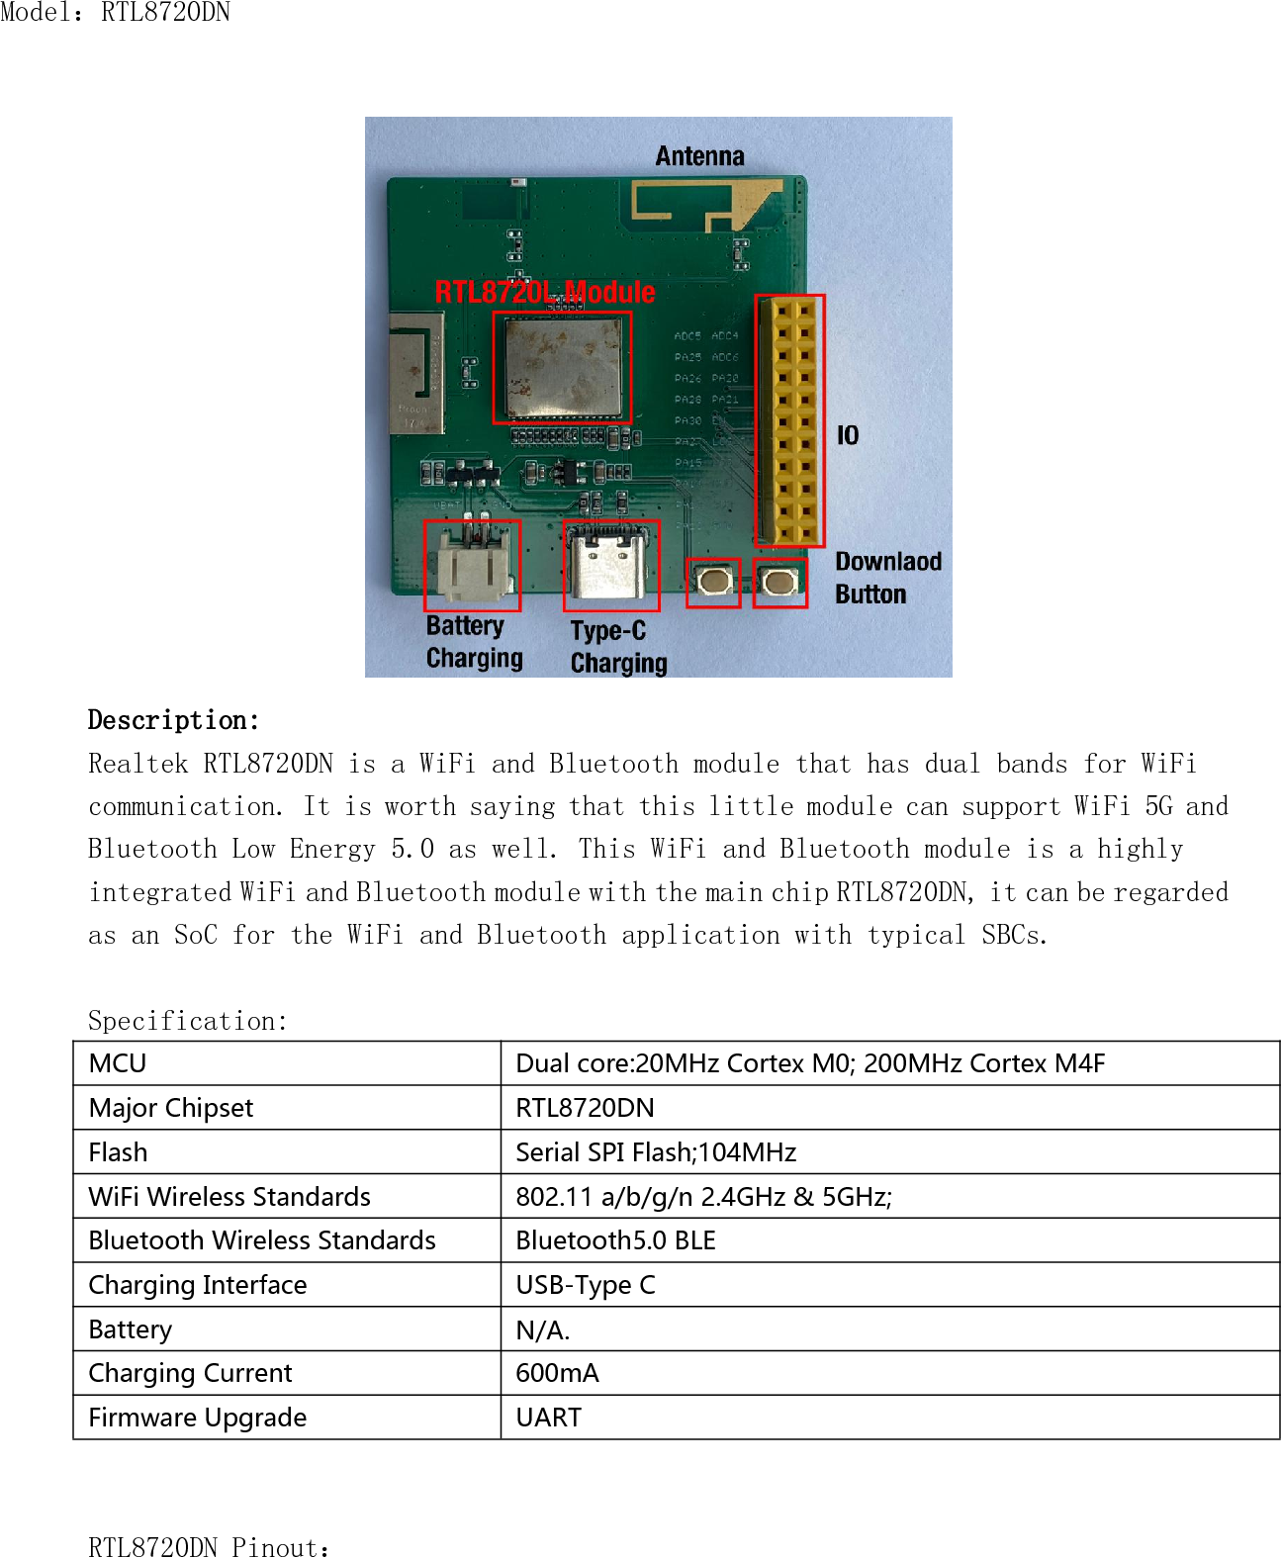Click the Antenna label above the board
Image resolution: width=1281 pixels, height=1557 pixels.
699,156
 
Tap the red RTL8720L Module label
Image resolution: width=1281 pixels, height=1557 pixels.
545,292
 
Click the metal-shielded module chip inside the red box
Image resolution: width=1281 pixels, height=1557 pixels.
562,367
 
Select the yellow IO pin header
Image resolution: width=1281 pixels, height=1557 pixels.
789,420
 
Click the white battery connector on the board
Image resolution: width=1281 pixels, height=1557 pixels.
472,567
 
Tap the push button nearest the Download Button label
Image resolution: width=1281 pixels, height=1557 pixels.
779,582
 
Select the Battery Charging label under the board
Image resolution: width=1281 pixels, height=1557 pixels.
474,642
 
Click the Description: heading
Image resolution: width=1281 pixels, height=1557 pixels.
173,720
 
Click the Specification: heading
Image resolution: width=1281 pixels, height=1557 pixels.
187,1021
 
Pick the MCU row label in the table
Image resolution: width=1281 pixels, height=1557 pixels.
118,1063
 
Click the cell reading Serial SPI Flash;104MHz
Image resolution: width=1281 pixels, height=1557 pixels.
656,1152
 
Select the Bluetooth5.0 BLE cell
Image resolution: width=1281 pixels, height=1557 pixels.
615,1240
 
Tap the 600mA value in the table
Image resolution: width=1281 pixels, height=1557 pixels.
557,1373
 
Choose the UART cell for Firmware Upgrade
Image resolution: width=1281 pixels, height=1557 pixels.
548,1418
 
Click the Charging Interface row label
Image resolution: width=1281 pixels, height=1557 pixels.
198,1285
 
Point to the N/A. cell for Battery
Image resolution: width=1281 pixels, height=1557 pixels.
542,1330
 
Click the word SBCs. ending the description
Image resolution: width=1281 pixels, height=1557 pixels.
1014,935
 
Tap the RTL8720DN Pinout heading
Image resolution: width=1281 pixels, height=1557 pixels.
209,1547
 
